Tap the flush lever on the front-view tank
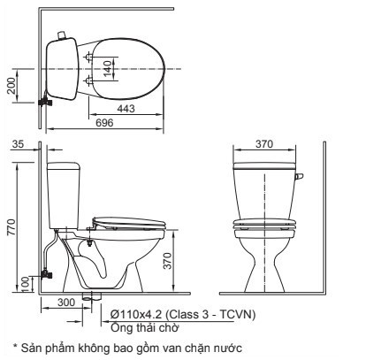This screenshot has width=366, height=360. click(x=299, y=178)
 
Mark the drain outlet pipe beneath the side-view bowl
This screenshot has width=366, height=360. click(x=87, y=295)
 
